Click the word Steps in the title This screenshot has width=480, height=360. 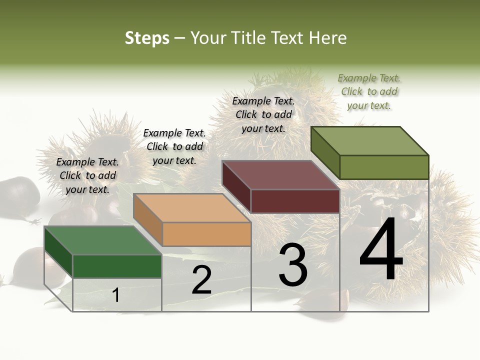pyautogui.click(x=147, y=38)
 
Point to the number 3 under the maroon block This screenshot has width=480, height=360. pyautogui.click(x=293, y=265)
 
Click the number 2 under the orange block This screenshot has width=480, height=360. pyautogui.click(x=201, y=280)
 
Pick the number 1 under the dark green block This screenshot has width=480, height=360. pyautogui.click(x=116, y=295)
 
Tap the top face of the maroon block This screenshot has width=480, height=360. pyautogui.click(x=281, y=175)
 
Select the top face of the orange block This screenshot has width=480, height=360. pyautogui.click(x=192, y=208)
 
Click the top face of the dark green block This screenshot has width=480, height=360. pyautogui.click(x=103, y=240)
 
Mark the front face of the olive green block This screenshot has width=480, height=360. pyautogui.click(x=384, y=167)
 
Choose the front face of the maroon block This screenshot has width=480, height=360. pyautogui.click(x=295, y=201)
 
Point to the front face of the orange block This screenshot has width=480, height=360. pyautogui.click(x=206, y=234)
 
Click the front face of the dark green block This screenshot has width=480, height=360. pyautogui.click(x=117, y=266)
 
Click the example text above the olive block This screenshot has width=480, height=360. pyautogui.click(x=369, y=91)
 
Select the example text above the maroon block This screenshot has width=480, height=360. pyautogui.click(x=263, y=114)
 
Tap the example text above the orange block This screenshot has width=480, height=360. pyautogui.click(x=174, y=146)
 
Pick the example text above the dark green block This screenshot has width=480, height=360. pyautogui.click(x=87, y=175)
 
